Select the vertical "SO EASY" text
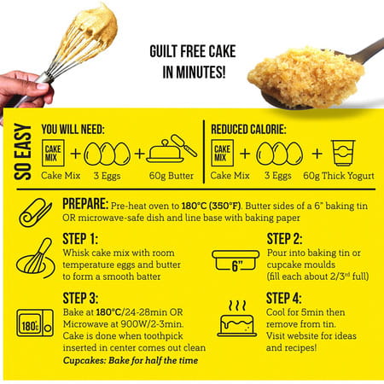point(23,154)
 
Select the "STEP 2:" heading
point(289,238)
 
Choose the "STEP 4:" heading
point(289,298)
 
